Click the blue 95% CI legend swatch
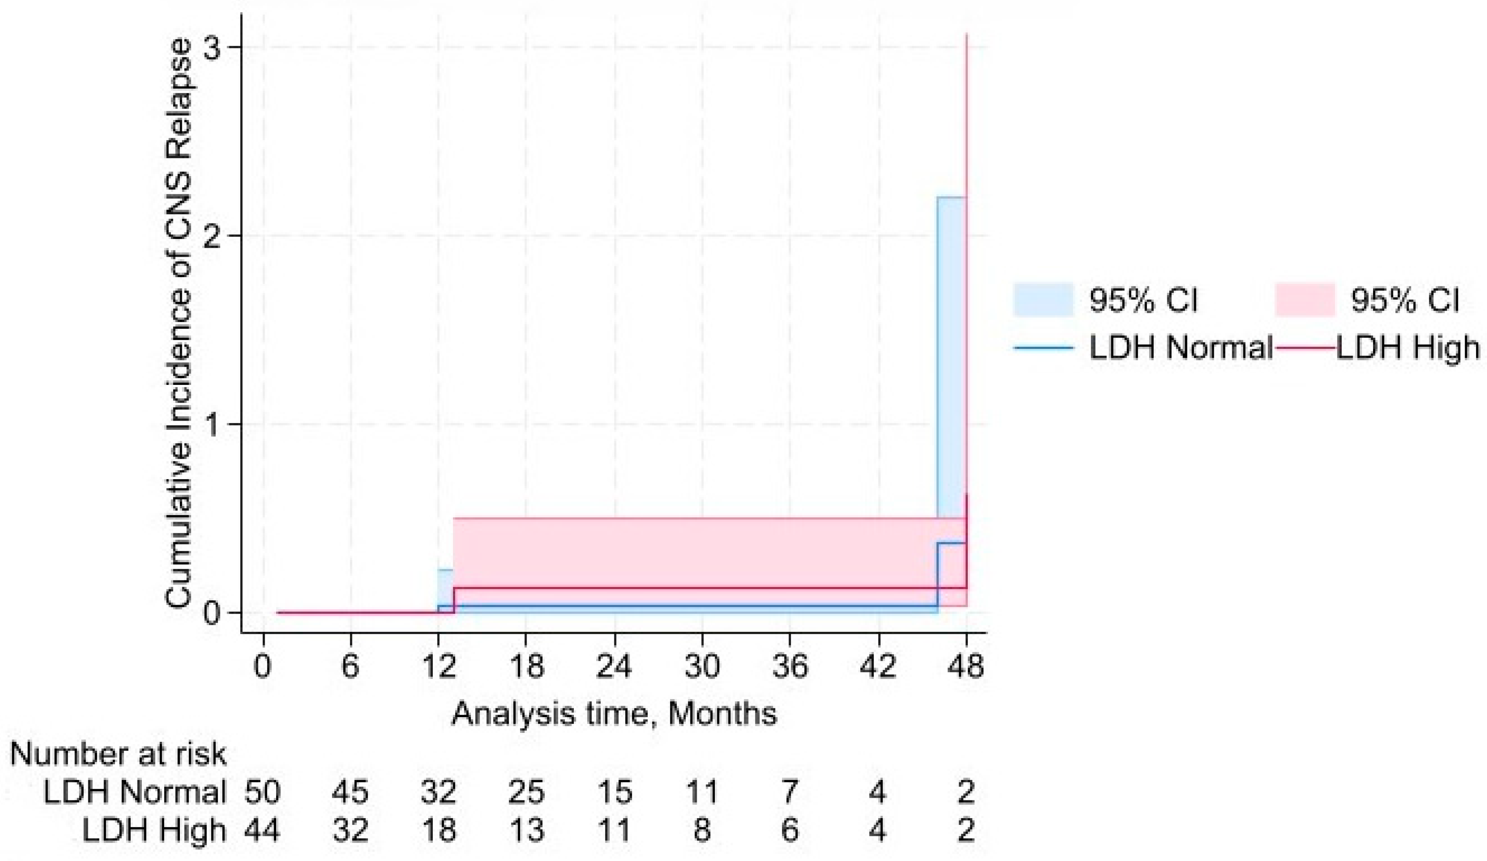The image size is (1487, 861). tap(1043, 300)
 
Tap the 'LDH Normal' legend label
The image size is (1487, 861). tap(1180, 348)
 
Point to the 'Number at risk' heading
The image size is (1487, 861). tap(118, 755)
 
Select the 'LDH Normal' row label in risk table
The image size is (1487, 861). tap(135, 792)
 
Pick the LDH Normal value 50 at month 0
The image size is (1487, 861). tap(263, 792)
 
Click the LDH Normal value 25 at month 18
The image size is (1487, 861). tap(526, 792)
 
